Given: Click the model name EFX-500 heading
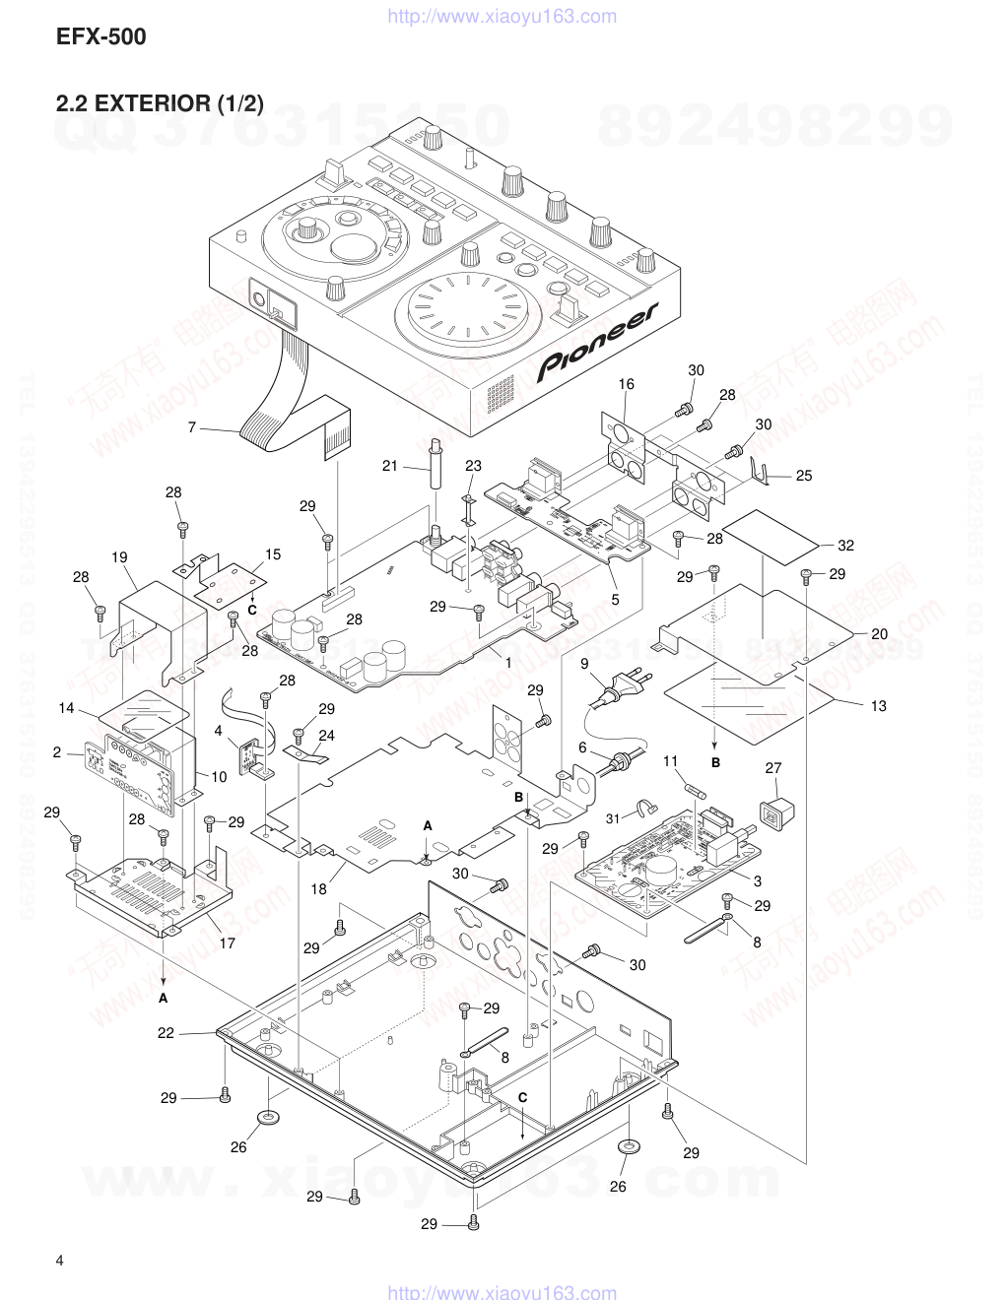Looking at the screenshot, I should pos(101,37).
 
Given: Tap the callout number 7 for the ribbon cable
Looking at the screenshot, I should pos(192,427).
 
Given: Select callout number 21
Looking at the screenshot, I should pos(389,465).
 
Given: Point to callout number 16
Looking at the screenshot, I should pos(627,384).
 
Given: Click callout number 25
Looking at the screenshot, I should pos(804,476).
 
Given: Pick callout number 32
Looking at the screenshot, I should pos(845,546).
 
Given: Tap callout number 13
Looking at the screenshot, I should pos(879,705).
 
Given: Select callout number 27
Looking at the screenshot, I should pos(773,768).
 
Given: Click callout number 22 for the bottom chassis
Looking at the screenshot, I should pos(166,1033).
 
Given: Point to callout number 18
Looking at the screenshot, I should pos(318,889).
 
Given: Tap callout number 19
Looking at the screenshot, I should pos(120,557).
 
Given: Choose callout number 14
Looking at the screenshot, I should pos(67,708).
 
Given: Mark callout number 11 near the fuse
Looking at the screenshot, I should pos(671,760).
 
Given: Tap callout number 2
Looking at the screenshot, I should pos(57,752).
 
